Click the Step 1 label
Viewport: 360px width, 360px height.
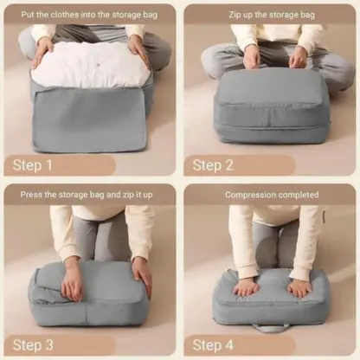click(x=34, y=164)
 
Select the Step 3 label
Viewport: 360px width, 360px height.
click(x=34, y=344)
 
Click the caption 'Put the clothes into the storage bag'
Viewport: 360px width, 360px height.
click(x=90, y=15)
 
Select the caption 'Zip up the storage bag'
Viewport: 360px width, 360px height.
click(x=270, y=15)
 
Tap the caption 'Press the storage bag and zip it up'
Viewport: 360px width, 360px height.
click(x=90, y=195)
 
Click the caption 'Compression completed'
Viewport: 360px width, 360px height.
click(x=270, y=195)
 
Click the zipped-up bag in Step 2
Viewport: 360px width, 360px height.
click(x=270, y=104)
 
